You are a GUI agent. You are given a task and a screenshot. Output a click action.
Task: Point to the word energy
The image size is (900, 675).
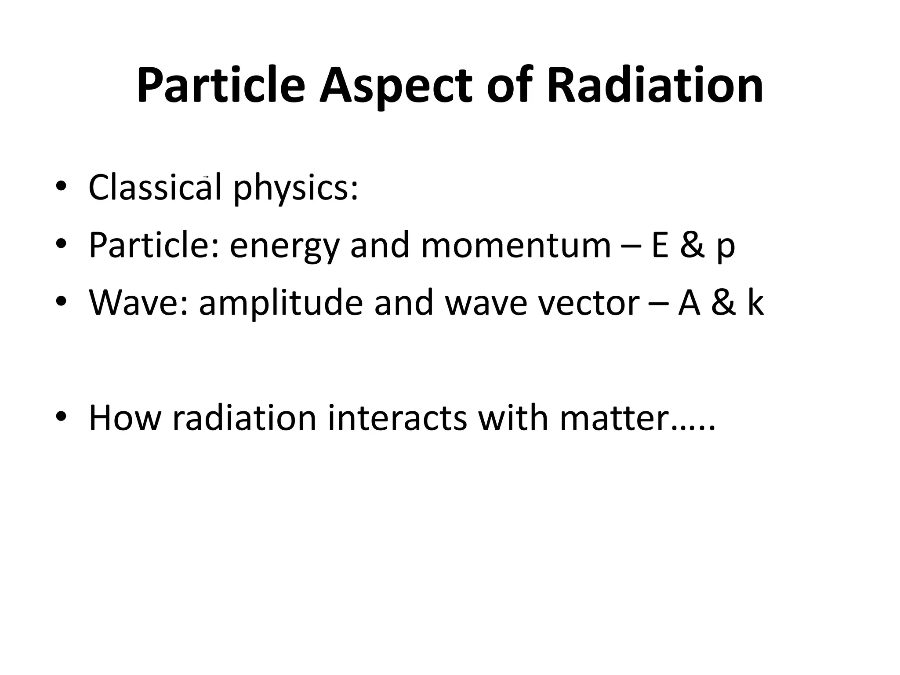point(285,246)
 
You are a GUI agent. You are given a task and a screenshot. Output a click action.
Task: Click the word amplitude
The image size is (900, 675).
point(281,303)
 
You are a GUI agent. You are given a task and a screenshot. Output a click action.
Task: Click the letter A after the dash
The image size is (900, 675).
point(689,303)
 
